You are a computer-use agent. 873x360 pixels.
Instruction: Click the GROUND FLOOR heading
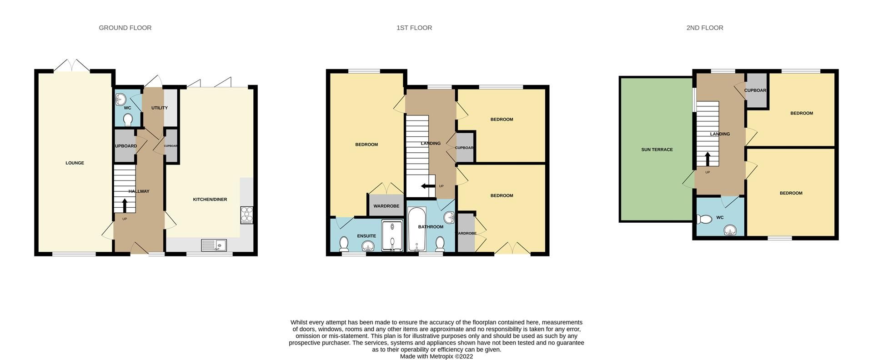pos(125,28)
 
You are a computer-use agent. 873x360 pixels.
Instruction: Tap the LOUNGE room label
pos(75,163)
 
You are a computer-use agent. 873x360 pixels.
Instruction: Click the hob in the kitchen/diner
pos(246,215)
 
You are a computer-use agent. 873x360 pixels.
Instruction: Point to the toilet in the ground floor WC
pos(128,120)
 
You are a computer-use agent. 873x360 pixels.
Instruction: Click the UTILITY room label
pos(159,108)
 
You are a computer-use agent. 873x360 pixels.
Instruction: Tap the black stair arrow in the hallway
pos(125,205)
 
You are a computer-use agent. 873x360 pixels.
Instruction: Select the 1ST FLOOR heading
pos(414,28)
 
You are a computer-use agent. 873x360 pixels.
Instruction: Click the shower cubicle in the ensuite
pos(392,236)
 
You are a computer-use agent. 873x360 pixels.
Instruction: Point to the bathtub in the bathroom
pos(416,230)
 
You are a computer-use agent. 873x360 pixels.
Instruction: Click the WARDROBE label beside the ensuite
pos(386,206)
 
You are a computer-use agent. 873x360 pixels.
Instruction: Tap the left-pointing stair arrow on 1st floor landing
pos(427,186)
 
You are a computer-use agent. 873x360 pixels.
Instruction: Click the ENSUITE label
pos(366,236)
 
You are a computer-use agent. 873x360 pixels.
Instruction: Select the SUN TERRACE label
pos(657,150)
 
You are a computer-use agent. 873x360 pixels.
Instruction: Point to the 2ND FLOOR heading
pos(704,28)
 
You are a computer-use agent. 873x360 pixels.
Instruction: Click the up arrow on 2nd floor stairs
pos(707,159)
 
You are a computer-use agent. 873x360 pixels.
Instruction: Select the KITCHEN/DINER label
pos(210,200)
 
